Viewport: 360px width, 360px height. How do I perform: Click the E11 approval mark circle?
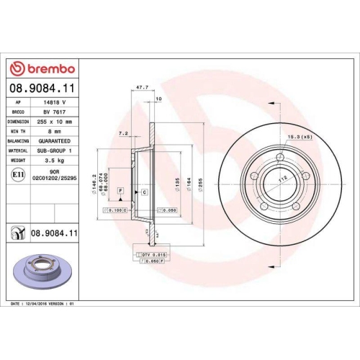click(17, 174)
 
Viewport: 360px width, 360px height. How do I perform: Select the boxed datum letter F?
click(120, 191)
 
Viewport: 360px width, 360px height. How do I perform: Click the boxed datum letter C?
click(145, 193)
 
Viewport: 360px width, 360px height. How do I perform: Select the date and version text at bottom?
click(44, 305)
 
